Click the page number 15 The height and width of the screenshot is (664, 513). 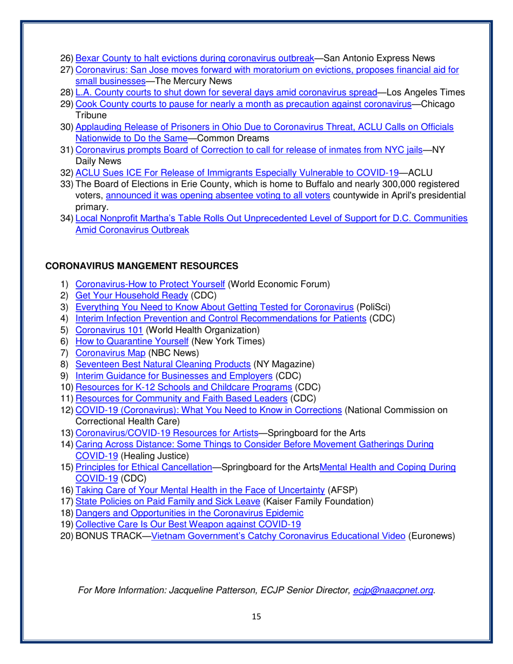(256, 616)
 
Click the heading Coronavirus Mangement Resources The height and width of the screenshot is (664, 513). (141, 266)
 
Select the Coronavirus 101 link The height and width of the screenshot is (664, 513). (100, 329)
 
